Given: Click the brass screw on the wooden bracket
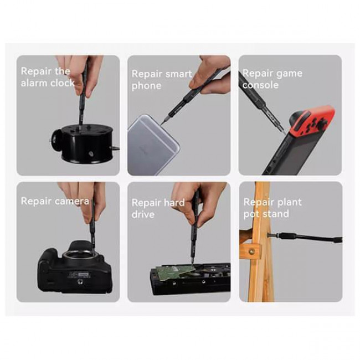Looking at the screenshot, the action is point(252,251).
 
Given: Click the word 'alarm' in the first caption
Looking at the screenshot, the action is point(34,83).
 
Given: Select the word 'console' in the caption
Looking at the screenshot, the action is point(261,85).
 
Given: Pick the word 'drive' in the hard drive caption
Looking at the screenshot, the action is point(143,214).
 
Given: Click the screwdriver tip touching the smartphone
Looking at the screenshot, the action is point(162,123).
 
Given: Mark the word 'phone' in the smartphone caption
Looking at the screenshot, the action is point(146,86).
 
